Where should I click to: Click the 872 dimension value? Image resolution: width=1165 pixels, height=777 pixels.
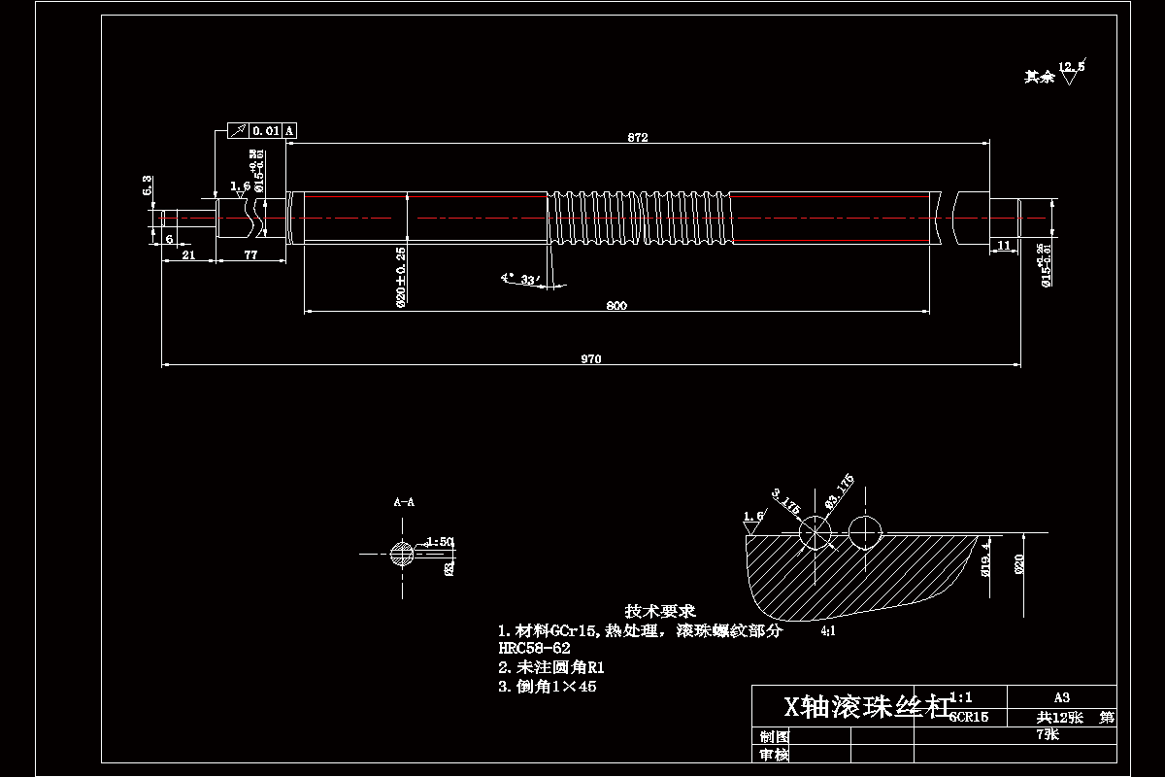coord(637,138)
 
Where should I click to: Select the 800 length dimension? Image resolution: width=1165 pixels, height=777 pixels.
coord(616,306)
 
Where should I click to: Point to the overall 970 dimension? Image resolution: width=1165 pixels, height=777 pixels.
coord(591,359)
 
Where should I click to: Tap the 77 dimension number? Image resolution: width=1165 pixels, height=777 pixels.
coord(250,254)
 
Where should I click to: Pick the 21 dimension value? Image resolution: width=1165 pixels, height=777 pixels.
coord(188,254)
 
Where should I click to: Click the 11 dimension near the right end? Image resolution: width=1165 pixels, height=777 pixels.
coord(1004,246)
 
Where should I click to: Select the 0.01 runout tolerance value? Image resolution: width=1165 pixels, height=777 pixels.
coord(265,130)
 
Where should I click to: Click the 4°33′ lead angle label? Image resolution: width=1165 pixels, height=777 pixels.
coord(520,279)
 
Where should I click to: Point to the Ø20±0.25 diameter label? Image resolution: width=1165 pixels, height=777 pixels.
coord(401,277)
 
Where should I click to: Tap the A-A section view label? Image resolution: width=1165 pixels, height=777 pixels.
coord(404,503)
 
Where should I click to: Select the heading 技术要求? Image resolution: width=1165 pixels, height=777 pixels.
coord(660,611)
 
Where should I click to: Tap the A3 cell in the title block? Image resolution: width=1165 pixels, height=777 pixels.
coord(1061,696)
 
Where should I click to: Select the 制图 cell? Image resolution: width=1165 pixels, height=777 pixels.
coord(774,736)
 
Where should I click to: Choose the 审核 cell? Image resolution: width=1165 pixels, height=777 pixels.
coord(774,755)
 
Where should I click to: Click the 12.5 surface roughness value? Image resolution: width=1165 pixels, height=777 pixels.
coord(1073,66)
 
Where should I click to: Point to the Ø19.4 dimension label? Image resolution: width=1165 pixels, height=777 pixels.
coord(985,559)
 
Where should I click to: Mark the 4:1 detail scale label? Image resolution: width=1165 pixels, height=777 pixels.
coord(828,631)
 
